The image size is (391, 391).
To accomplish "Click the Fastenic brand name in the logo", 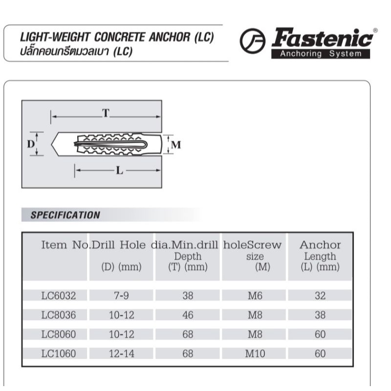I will click(324, 39).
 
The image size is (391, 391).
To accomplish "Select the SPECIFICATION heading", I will click(65, 215).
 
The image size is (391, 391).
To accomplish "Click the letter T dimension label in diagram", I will click(105, 113).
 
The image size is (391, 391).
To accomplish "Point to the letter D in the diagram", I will click(30, 144).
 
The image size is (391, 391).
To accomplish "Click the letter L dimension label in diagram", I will click(119, 171).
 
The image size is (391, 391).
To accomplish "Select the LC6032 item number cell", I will click(58, 296).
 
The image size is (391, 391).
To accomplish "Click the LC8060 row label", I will click(58, 335).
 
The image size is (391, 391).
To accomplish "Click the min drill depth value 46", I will click(188, 315).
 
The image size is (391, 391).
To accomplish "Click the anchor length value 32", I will click(320, 296).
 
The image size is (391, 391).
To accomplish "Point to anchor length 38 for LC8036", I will click(320, 315).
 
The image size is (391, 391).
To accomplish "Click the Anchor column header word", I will click(320, 245).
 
